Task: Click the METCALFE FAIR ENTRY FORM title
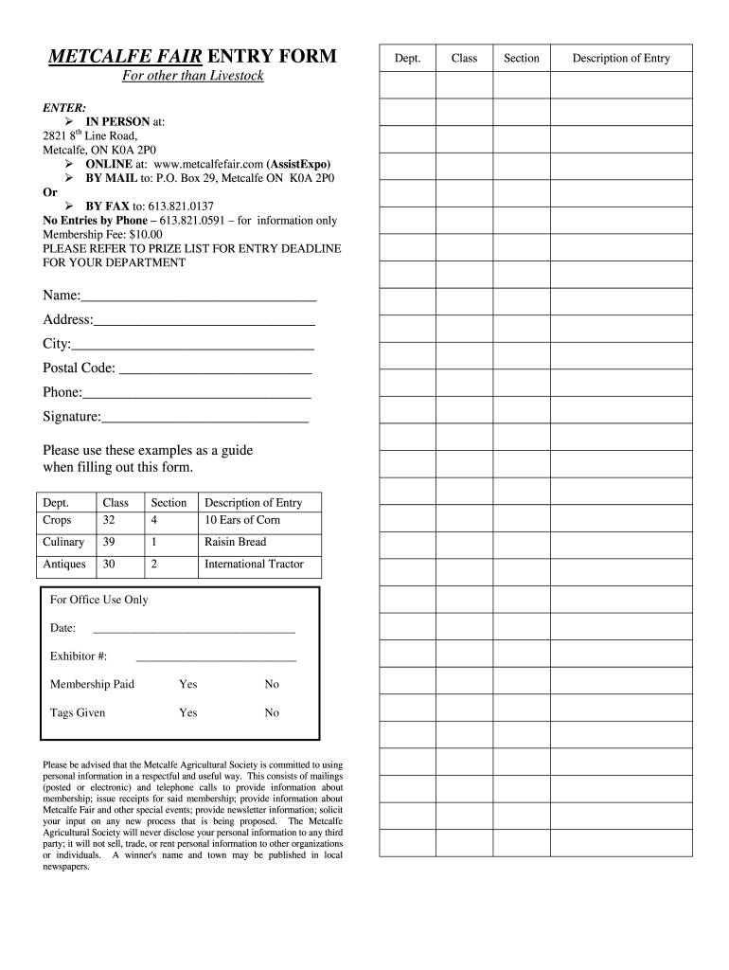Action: [x=192, y=57]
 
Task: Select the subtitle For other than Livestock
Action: [x=192, y=76]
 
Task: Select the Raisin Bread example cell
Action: [x=236, y=543]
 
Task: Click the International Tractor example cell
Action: [x=254, y=565]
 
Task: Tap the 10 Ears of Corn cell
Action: [x=242, y=520]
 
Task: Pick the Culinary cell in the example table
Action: [x=63, y=543]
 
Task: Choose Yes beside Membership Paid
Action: [x=188, y=685]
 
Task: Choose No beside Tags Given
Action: [x=272, y=713]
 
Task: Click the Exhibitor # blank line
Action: [x=216, y=658]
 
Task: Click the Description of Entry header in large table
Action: [x=620, y=59]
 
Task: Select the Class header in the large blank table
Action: [x=464, y=59]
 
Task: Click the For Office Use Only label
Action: [x=99, y=601]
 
